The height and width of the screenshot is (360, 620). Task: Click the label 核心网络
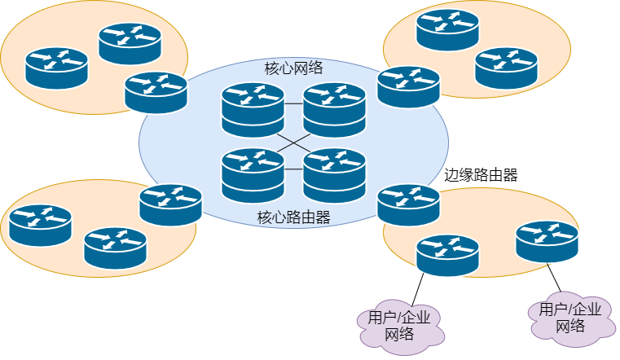click(x=293, y=68)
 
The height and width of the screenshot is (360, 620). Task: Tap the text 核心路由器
click(x=293, y=217)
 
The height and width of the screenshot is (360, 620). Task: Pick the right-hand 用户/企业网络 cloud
click(x=570, y=317)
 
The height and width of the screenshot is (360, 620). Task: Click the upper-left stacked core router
click(x=253, y=110)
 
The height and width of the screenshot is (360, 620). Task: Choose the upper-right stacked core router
click(x=335, y=110)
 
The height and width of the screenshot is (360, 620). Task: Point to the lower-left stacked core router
click(x=253, y=175)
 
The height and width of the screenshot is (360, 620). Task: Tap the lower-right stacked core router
click(x=335, y=175)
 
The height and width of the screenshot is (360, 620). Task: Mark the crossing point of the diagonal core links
click(x=293, y=143)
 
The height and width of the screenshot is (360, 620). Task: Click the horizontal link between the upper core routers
click(x=293, y=104)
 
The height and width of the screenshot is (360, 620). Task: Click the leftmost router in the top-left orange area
click(x=56, y=68)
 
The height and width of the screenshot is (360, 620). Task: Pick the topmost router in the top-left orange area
click(x=130, y=43)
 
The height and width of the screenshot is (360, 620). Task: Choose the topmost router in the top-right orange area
click(x=447, y=29)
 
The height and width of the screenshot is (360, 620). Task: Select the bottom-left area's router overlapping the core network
click(x=170, y=204)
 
